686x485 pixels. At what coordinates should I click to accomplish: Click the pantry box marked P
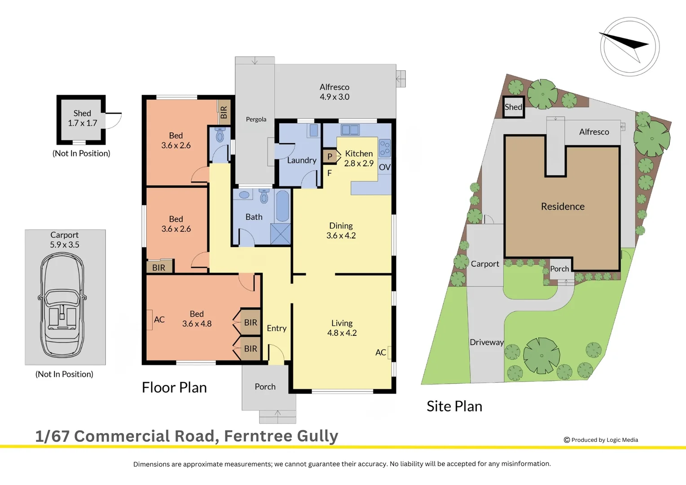pyautogui.click(x=330, y=157)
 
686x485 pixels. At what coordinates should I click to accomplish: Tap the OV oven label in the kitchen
pyautogui.click(x=385, y=167)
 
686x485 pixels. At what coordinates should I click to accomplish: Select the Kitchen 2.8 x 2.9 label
pyautogui.click(x=359, y=159)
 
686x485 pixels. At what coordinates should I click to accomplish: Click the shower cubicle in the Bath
pyautogui.click(x=280, y=234)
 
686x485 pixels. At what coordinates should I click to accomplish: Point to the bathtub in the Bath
pyautogui.click(x=282, y=206)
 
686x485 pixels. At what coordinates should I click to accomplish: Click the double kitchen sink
pyautogui.click(x=350, y=130)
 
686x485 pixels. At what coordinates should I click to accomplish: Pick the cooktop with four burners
pyautogui.click(x=385, y=148)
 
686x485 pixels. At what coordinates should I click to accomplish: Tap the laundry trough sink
pyautogui.click(x=314, y=130)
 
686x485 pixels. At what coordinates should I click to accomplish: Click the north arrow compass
pyautogui.click(x=629, y=47)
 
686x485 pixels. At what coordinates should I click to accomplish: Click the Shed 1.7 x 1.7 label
pyautogui.click(x=82, y=118)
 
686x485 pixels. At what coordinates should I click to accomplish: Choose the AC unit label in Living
pyautogui.click(x=380, y=353)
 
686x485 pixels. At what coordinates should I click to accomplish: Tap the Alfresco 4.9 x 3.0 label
pyautogui.click(x=334, y=92)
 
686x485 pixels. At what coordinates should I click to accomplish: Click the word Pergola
pyautogui.click(x=256, y=119)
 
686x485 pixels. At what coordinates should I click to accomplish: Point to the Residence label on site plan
pyautogui.click(x=563, y=207)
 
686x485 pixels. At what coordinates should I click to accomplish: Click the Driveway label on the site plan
pyautogui.click(x=487, y=342)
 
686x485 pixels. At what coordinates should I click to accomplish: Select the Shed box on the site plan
pyautogui.click(x=514, y=107)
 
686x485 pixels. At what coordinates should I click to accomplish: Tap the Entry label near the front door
pyautogui.click(x=277, y=328)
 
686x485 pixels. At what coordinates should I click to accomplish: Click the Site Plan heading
pyautogui.click(x=454, y=406)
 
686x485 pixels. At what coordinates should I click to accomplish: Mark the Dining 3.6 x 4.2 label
pyautogui.click(x=341, y=230)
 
